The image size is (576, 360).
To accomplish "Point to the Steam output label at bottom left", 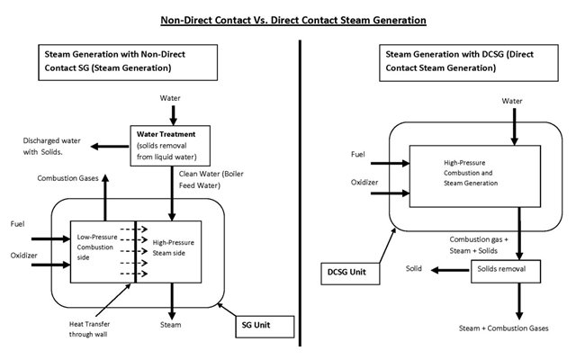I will tap(170, 324).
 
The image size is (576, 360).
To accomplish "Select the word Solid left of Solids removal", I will tap(413, 269).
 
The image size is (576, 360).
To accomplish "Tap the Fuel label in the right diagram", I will tap(358, 155).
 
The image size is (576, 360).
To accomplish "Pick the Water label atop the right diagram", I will tap(512, 102).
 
